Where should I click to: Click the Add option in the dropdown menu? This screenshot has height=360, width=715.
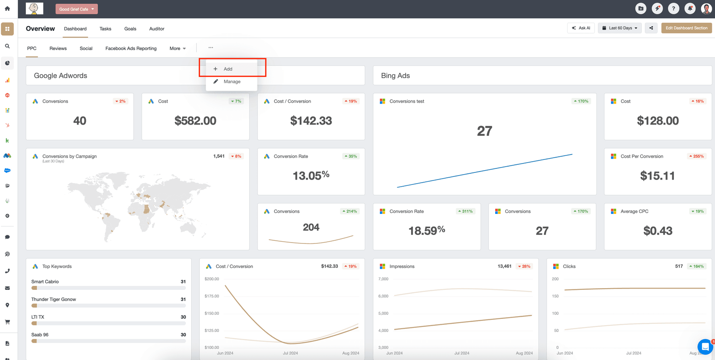click(228, 69)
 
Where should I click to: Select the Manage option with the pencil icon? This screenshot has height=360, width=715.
click(232, 82)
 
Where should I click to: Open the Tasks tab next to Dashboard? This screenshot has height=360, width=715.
click(105, 29)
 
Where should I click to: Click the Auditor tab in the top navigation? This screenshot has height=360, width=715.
click(157, 29)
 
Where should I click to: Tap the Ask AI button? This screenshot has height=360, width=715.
click(581, 28)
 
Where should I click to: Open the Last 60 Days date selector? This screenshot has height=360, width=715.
click(620, 28)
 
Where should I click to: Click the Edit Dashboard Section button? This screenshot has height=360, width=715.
click(686, 28)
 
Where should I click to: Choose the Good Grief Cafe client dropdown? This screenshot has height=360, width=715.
click(76, 9)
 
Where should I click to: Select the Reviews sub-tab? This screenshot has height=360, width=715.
click(58, 48)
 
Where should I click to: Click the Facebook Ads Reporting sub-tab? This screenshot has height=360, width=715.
click(131, 48)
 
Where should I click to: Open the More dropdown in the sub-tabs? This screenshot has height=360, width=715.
click(177, 48)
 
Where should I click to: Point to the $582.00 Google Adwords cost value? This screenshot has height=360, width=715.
click(195, 121)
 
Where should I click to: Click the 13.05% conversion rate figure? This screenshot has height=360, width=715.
click(311, 176)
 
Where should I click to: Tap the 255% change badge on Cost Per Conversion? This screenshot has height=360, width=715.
click(697, 156)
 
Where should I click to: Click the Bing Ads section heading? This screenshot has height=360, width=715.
click(395, 76)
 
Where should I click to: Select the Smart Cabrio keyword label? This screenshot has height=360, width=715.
click(45, 282)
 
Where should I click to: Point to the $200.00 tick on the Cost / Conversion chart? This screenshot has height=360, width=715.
click(212, 279)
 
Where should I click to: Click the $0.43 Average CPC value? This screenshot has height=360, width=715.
click(658, 231)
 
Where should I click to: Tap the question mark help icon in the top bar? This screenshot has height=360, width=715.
click(673, 8)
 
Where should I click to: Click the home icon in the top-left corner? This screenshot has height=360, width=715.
click(7, 8)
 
